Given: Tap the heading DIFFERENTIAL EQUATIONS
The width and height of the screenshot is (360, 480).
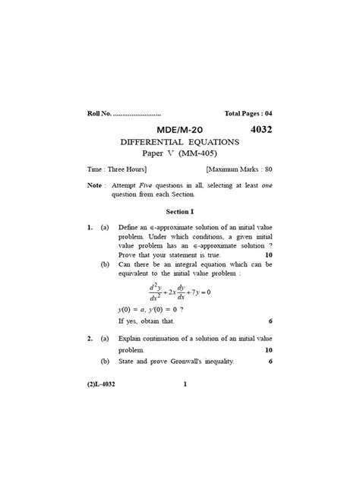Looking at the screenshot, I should click(180, 142).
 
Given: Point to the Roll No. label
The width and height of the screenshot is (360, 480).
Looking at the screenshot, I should click(99, 114).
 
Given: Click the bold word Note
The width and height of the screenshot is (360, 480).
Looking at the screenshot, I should click(94, 185).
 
